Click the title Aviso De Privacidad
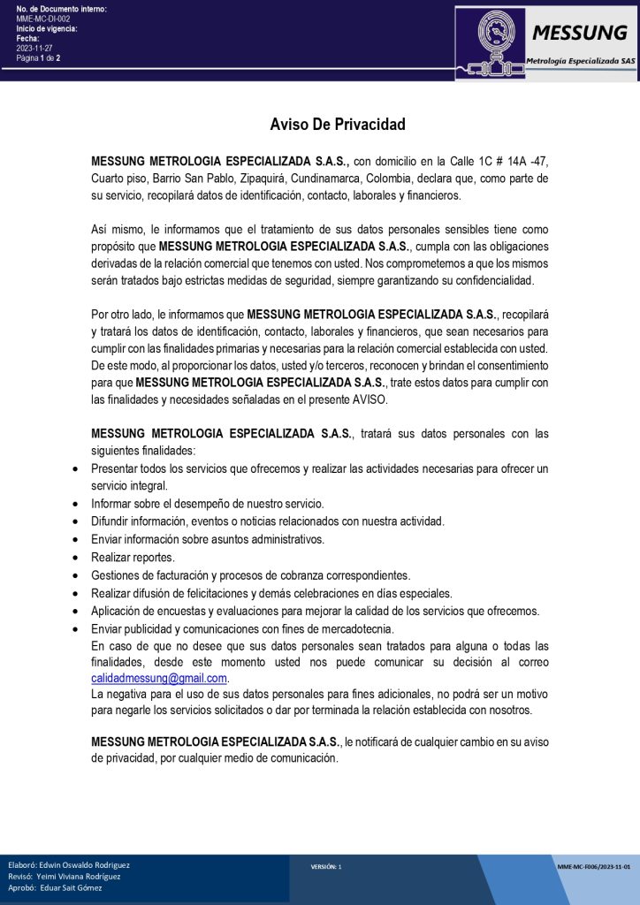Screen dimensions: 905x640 point(338,125)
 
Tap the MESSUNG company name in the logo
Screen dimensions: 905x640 point(579,34)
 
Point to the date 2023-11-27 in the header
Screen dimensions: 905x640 point(34,48)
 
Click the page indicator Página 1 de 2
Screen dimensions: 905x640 point(38,58)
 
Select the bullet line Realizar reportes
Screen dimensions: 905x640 point(133,557)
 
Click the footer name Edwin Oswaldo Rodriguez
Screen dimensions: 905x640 point(85,864)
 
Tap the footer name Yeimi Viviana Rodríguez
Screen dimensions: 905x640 point(79,876)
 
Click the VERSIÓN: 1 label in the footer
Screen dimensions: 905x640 point(326,867)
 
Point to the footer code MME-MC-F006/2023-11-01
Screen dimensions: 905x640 point(594,867)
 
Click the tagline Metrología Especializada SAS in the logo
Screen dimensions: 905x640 point(580,61)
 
